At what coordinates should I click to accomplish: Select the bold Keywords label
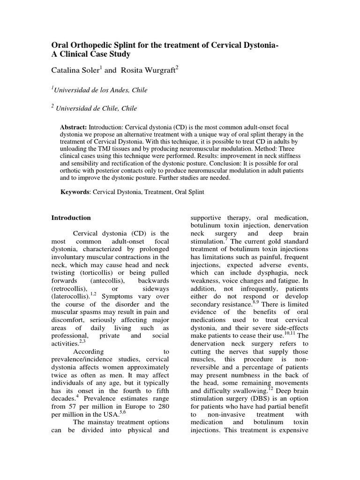coord(75,193)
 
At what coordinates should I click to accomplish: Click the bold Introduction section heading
coord(71,218)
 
